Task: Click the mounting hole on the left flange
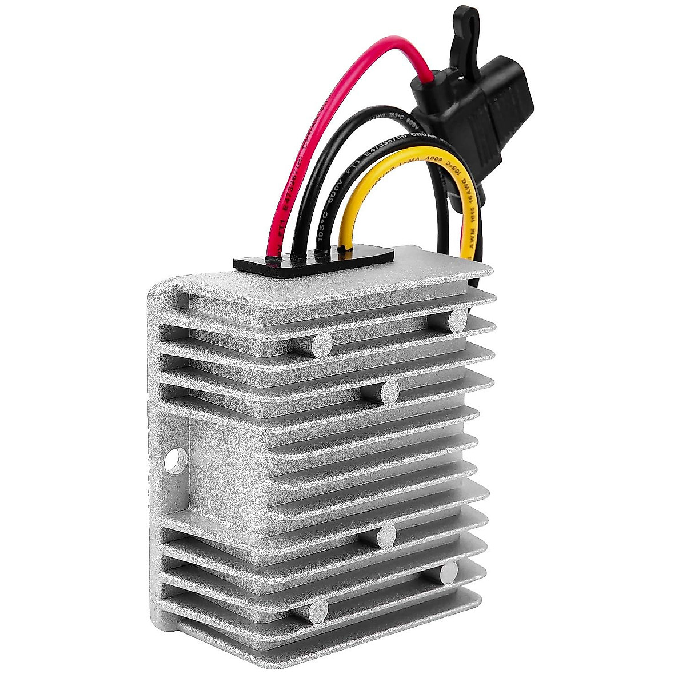tap(177, 460)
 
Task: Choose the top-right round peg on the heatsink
tap(457, 322)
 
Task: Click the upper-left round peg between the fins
tap(321, 345)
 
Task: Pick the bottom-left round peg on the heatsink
tap(318, 612)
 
